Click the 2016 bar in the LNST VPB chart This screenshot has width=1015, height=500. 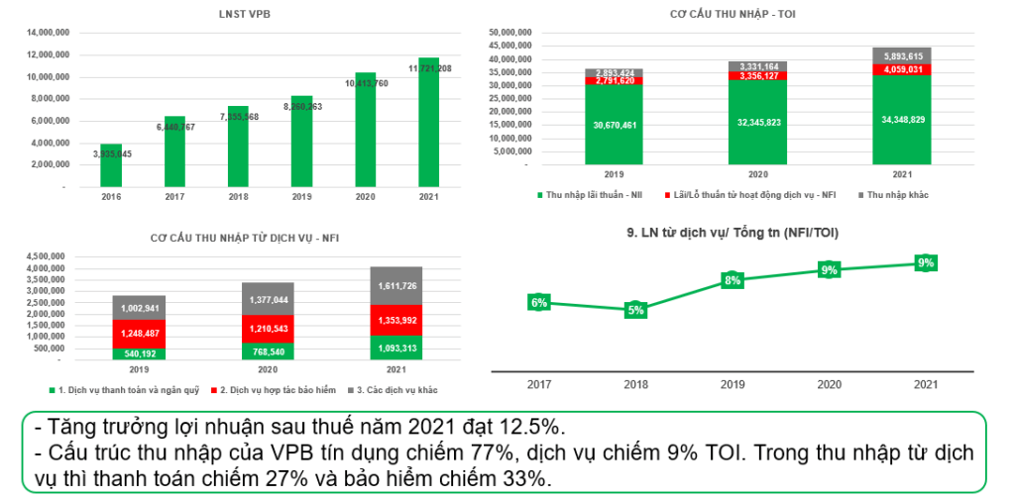(x=111, y=164)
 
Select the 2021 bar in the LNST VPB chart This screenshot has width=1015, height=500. (x=428, y=123)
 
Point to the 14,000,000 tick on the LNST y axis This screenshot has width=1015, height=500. (x=47, y=33)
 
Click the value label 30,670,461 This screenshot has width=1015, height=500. (x=613, y=125)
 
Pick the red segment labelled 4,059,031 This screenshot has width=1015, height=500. (x=902, y=69)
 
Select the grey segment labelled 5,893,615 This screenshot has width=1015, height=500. (x=902, y=55)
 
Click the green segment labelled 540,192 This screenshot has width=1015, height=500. (x=139, y=352)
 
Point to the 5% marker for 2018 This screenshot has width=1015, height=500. (x=635, y=310)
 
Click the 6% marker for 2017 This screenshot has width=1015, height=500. (x=539, y=303)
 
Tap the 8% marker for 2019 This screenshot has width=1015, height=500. (x=732, y=280)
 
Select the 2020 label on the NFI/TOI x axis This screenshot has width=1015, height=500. (x=829, y=383)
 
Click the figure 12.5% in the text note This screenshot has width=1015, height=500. (x=536, y=429)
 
